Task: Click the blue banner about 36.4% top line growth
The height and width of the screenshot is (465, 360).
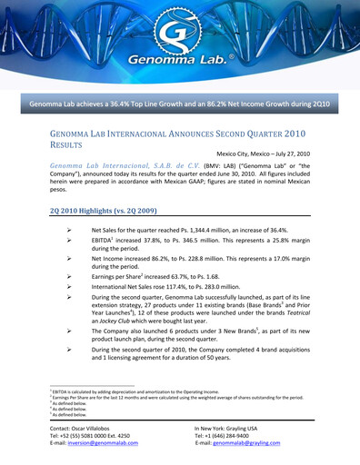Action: pyautogui.click(x=179, y=105)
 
